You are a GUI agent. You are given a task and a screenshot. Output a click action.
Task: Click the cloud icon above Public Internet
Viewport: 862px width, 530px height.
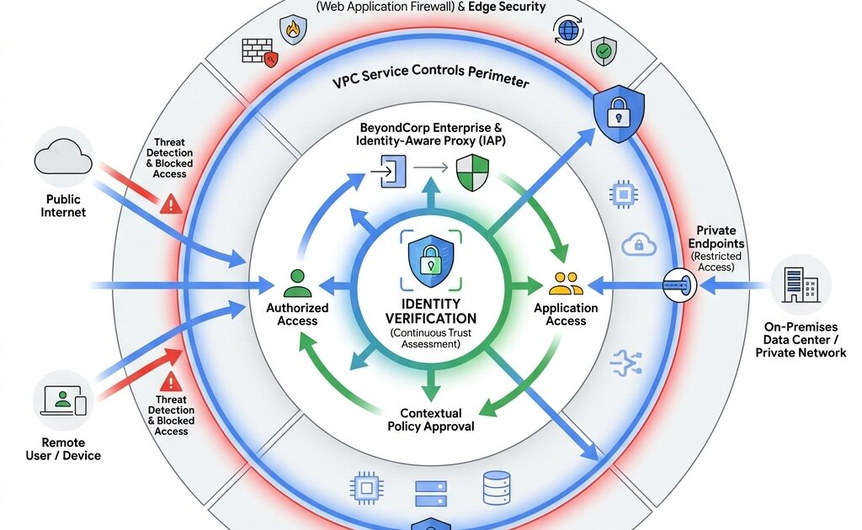(x=63, y=156)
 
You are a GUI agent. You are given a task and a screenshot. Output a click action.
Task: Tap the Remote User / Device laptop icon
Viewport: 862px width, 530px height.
(x=63, y=401)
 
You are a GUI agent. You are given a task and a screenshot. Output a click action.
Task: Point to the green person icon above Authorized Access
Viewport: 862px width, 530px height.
(x=297, y=284)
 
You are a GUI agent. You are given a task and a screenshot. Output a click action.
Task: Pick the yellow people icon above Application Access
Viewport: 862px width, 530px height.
(x=565, y=284)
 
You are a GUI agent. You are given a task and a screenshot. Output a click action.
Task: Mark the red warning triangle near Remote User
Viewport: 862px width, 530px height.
(x=172, y=380)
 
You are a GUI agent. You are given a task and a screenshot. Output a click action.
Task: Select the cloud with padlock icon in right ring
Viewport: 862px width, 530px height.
(x=638, y=245)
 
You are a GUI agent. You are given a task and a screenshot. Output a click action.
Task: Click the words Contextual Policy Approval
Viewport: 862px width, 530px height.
(x=430, y=419)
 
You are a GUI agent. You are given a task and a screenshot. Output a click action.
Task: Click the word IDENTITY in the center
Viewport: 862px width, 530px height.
(x=430, y=303)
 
